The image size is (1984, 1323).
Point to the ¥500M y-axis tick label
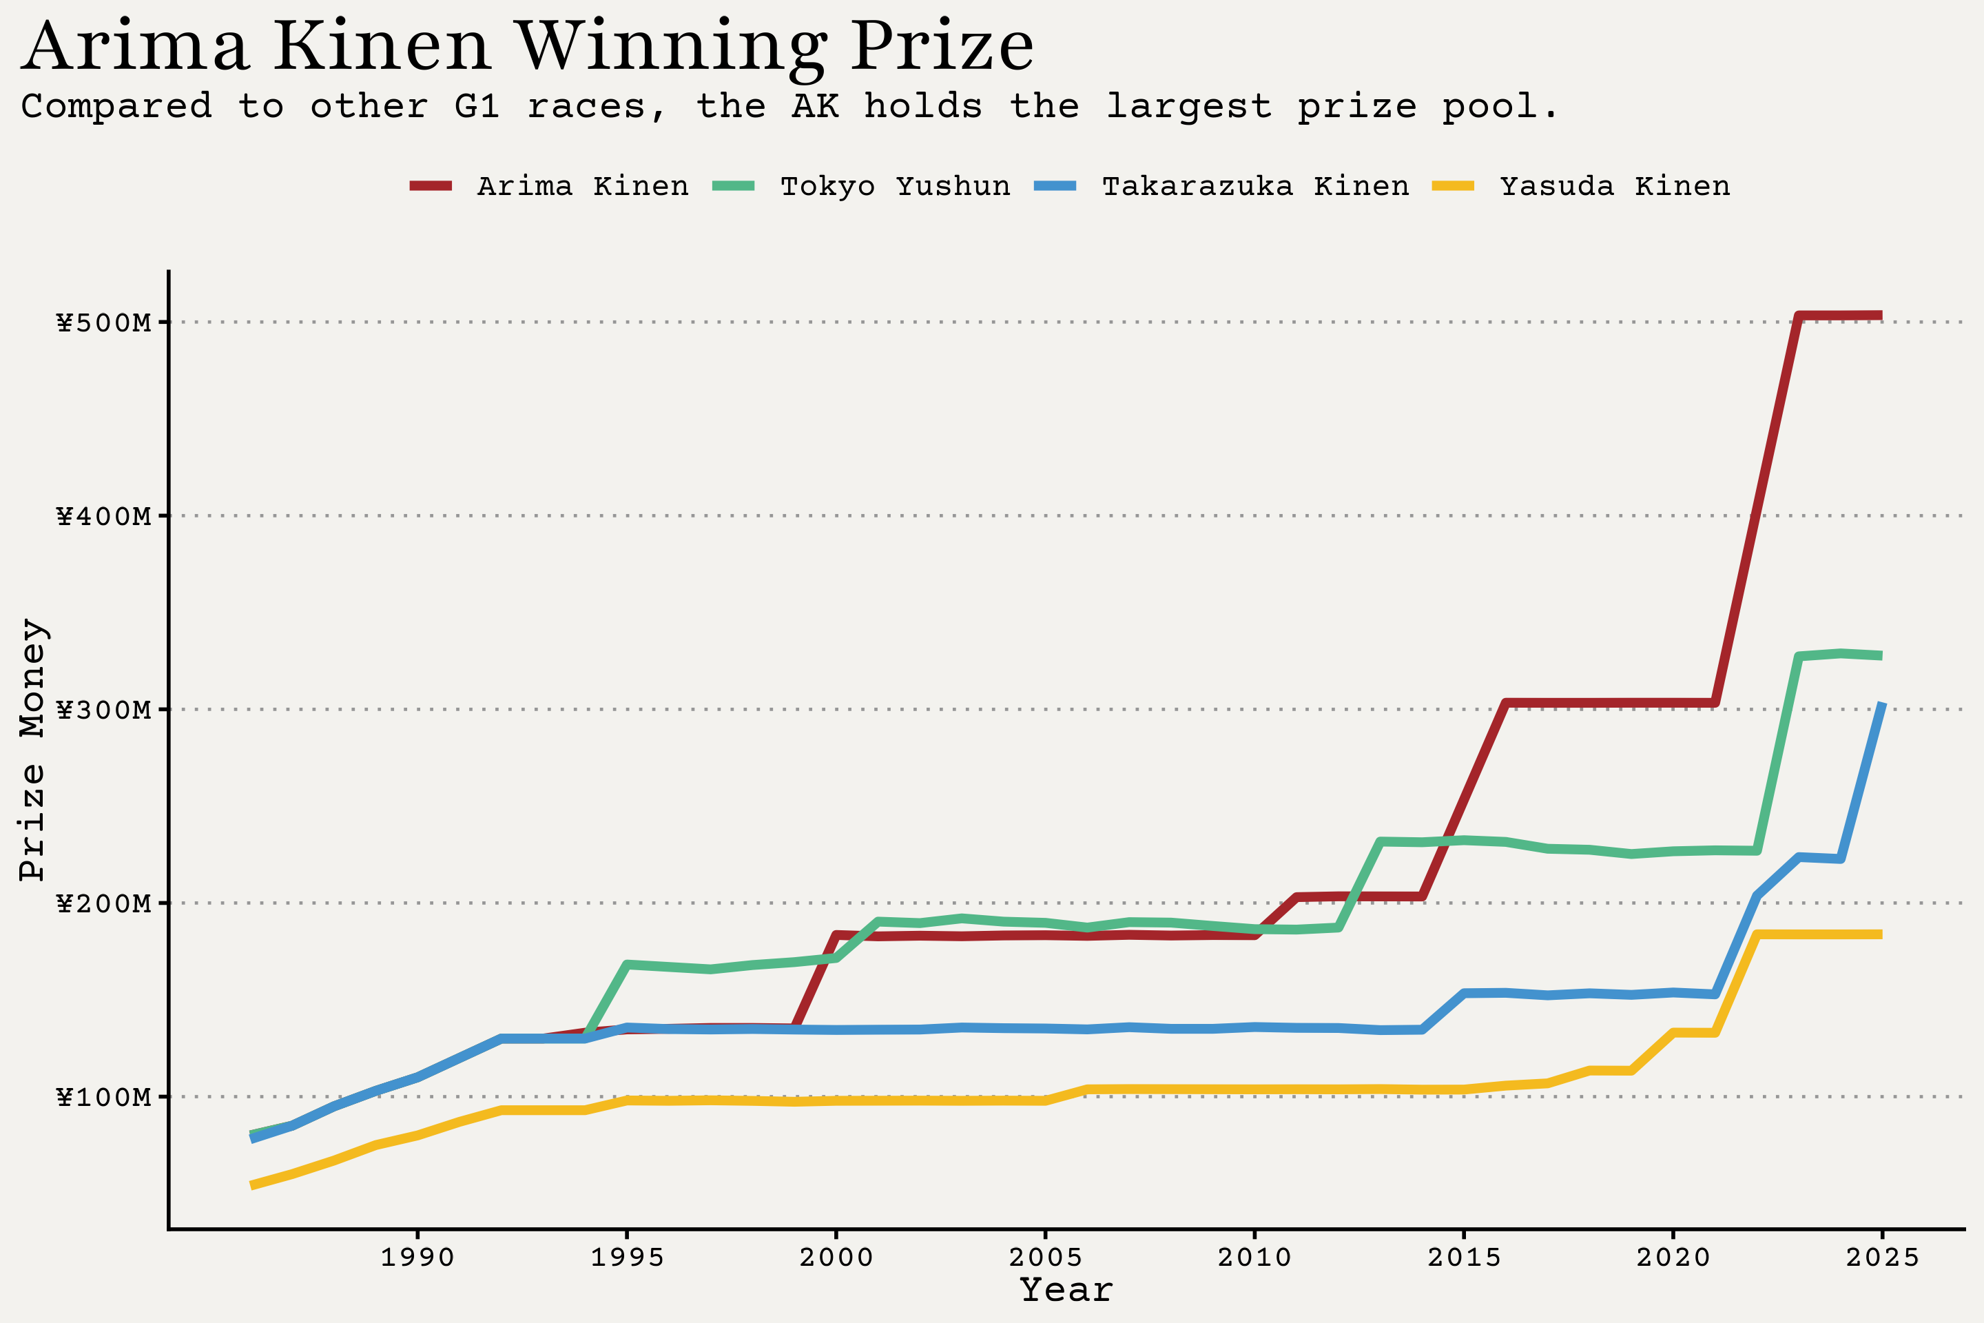104,322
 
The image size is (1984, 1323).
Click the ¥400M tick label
104,515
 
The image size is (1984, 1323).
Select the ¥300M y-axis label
104,710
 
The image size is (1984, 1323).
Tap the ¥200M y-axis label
104,903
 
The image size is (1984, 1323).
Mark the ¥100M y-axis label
104,1097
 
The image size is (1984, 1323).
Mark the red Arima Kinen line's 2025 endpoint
1880,316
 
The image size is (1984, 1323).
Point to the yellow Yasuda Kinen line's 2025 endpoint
1880,934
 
